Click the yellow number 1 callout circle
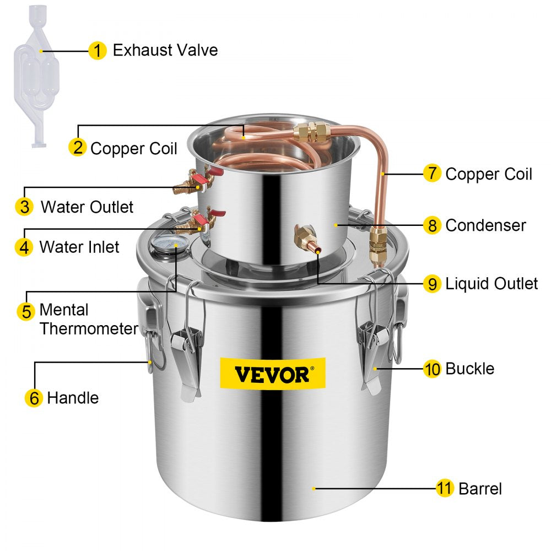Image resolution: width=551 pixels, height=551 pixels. pos(97,51)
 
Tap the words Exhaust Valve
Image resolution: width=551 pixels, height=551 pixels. pos(165,50)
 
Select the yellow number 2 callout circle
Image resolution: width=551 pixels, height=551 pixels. pos(78,147)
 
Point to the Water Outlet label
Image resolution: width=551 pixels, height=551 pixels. pos(87,207)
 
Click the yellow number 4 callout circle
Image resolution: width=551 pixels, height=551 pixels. pos(24,247)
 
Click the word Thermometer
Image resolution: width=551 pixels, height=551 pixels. pos(89,329)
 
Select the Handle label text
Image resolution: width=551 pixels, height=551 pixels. pos(73,397)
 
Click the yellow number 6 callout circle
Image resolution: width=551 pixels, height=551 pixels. pos(34,397)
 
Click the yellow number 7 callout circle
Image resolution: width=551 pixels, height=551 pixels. pos(431,174)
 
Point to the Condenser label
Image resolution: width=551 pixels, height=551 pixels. pos(485,225)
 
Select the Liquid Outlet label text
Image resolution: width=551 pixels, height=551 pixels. pos(491,284)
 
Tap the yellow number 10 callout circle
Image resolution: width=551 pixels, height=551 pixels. pos(433,369)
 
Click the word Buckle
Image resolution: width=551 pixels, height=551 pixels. pos(469,368)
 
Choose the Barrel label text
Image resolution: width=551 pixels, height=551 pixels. pos(480,488)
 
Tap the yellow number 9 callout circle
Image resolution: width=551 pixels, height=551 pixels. pos(432,284)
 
